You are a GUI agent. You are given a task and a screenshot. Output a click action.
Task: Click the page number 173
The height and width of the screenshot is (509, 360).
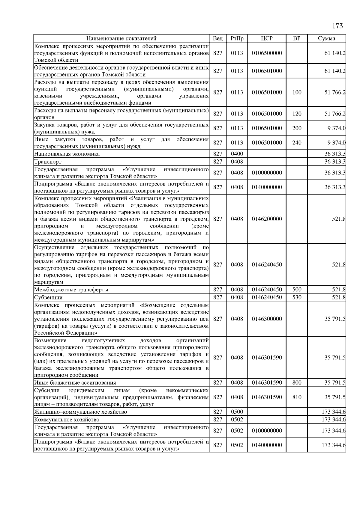click(x=337, y=26)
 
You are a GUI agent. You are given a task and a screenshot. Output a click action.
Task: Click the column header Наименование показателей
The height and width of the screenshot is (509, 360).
click(x=121, y=38)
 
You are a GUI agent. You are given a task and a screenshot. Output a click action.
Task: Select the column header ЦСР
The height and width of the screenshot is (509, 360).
click(x=267, y=38)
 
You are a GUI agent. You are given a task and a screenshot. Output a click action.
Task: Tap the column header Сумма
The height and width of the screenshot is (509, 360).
click(x=326, y=38)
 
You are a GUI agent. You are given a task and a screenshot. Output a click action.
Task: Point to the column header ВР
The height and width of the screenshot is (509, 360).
click(x=296, y=38)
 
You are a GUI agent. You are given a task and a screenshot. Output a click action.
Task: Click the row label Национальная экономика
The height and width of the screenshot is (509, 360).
click(x=67, y=154)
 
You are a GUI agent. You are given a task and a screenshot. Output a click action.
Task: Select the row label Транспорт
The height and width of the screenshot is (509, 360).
click(x=48, y=162)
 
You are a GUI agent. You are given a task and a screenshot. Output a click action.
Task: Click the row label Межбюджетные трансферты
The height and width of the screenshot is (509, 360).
click(x=71, y=290)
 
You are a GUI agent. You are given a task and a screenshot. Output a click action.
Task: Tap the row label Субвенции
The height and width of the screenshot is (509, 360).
click(x=48, y=297)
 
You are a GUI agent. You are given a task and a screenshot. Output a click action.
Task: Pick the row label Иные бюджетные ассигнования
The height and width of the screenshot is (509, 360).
click(x=75, y=382)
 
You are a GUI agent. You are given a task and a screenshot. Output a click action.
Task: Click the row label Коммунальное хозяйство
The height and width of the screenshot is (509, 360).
click(x=67, y=419)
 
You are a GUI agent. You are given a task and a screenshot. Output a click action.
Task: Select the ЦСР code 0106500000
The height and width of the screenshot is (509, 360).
click(x=267, y=53)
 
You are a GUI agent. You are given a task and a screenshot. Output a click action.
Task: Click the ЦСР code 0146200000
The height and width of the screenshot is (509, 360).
click(x=267, y=219)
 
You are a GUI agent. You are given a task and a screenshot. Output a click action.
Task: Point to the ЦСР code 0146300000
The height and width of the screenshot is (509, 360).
click(x=267, y=319)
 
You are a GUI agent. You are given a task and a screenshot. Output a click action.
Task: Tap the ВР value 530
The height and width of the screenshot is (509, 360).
click(x=296, y=297)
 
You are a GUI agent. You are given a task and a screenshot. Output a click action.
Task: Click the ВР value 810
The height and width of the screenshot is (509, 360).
click(x=296, y=397)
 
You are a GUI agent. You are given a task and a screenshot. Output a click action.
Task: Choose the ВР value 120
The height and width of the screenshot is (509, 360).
click(x=296, y=114)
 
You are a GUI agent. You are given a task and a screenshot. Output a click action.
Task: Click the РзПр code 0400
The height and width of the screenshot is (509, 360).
click(x=237, y=154)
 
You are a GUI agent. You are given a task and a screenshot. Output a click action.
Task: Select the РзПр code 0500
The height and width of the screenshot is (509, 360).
click(x=237, y=412)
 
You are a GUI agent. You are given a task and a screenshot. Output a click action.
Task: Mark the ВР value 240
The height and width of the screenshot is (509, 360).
click(x=296, y=143)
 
